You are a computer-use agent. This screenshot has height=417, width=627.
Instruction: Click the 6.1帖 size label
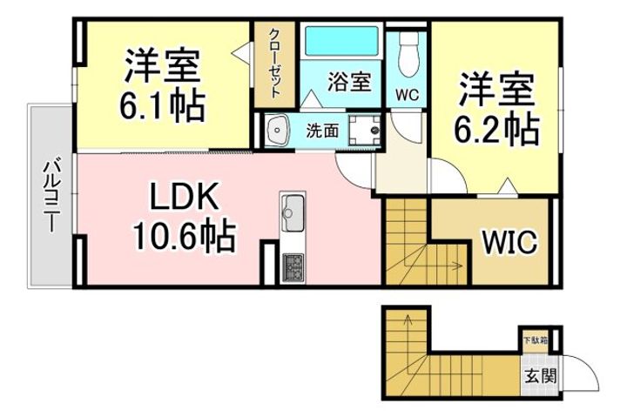[x=162, y=106]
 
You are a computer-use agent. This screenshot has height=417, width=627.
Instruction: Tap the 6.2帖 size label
[x=496, y=129]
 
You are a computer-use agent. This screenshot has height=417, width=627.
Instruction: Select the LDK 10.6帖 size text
[x=185, y=235]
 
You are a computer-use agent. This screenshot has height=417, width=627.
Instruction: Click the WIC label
[x=509, y=241]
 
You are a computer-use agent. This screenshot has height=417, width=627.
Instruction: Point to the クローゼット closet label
[x=274, y=63]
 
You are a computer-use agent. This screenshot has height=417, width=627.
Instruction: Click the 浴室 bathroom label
[x=349, y=82]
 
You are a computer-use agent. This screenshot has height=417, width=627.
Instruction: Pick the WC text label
[x=407, y=95]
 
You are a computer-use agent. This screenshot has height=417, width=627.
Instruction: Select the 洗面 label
[x=322, y=131]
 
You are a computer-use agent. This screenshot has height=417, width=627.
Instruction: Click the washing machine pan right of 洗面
[x=364, y=131]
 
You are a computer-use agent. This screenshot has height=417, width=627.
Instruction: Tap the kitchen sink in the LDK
[x=293, y=212]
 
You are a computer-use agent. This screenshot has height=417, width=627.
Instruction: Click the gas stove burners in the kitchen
[x=293, y=267]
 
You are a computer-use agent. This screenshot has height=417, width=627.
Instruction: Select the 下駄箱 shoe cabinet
[x=536, y=341]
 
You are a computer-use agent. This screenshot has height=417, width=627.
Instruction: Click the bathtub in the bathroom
[x=342, y=41]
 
